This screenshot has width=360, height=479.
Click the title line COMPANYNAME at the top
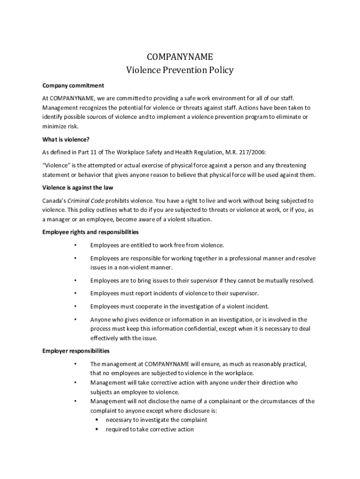(x=180, y=57)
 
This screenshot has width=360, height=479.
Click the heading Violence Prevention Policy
(x=180, y=71)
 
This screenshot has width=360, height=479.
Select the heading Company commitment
(x=73, y=86)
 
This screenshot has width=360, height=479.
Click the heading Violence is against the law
(x=78, y=188)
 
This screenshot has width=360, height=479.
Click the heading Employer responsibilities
(x=76, y=351)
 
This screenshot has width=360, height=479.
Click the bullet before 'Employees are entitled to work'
(x=75, y=245)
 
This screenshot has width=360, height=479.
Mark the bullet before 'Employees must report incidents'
(x=75, y=293)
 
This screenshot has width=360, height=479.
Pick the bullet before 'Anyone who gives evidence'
(x=75, y=320)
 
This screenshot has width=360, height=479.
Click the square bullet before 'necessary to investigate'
(x=96, y=420)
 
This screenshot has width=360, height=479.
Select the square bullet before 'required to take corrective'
(x=96, y=429)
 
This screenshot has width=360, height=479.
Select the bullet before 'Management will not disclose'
(x=75, y=401)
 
